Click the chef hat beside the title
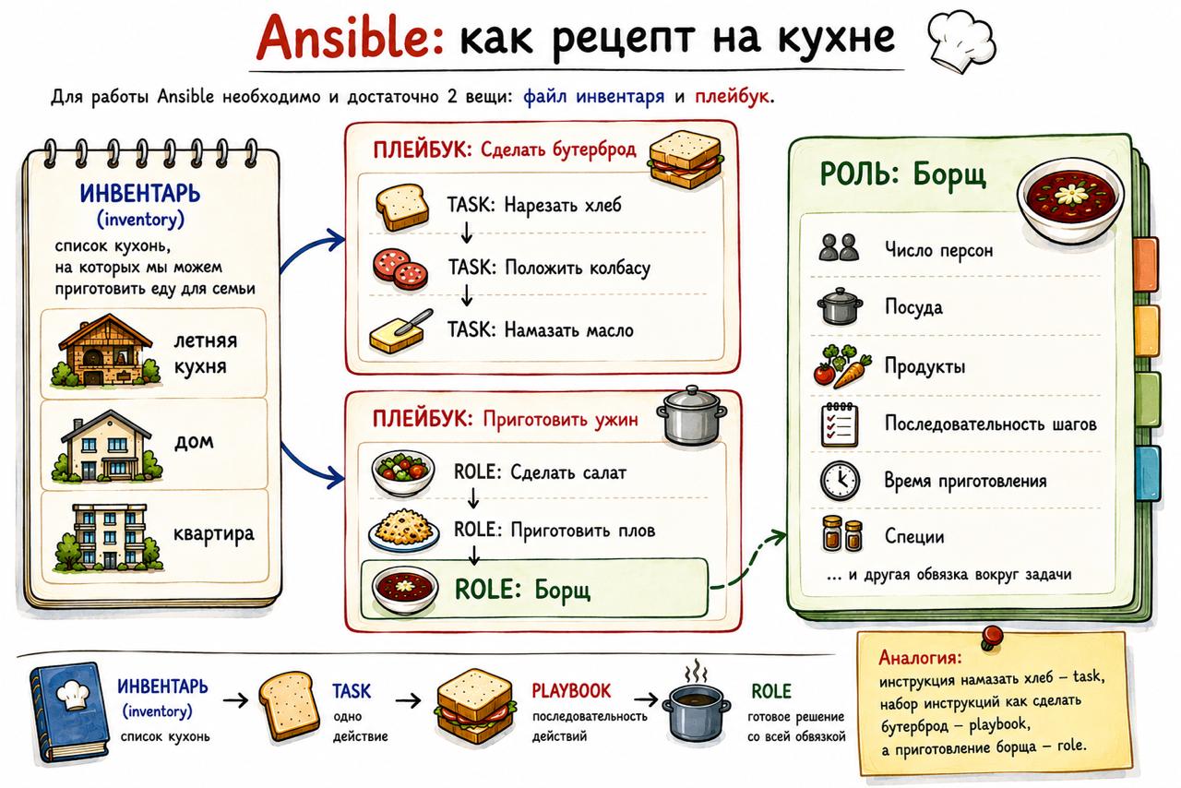[x=961, y=41]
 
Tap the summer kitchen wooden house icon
[x=105, y=351]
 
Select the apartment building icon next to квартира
[x=108, y=537]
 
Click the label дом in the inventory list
[x=194, y=441]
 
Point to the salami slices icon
[x=400, y=269]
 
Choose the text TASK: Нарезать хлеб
[x=534, y=205]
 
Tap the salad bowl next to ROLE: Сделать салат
[x=403, y=472]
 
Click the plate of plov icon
[x=404, y=530]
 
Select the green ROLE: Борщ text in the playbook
[x=522, y=589]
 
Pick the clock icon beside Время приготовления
[x=840, y=481]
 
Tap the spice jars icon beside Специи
[x=841, y=533]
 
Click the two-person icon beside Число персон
[x=839, y=247]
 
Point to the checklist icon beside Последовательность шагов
[x=840, y=424]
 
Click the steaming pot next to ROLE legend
[x=696, y=710]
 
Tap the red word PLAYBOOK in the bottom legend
[x=570, y=690]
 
